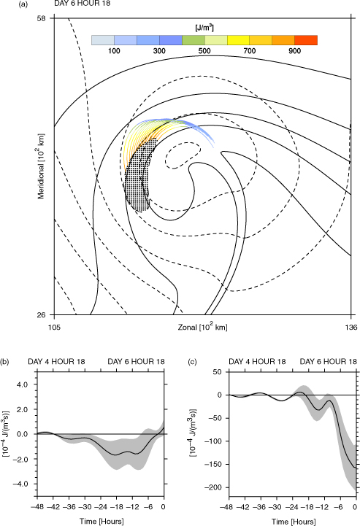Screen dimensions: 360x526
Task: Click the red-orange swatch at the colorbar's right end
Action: (306, 40)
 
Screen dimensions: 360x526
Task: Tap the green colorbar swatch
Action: (194, 40)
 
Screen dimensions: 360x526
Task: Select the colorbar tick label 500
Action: (204, 50)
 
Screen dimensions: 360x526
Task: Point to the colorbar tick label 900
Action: (294, 50)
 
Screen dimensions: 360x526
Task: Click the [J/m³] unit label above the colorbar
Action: (204, 28)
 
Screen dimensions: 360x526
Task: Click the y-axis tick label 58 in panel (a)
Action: (41, 18)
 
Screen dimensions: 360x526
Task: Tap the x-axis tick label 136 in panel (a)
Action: (351, 327)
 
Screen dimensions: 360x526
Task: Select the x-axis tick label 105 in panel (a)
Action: (55, 327)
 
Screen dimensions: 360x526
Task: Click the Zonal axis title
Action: (202, 327)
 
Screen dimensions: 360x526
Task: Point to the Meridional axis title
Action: (41, 166)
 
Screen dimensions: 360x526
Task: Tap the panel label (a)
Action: (23, 4)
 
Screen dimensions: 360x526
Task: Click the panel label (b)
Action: (5, 362)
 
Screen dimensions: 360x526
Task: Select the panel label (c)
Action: (193, 362)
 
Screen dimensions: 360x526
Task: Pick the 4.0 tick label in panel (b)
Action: (23, 384)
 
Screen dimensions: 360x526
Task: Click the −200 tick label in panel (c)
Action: (215, 487)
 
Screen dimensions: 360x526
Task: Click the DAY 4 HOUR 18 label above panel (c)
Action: (257, 362)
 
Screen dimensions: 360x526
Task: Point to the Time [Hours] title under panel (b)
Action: (102, 521)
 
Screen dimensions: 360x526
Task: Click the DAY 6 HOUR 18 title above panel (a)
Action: (83, 4)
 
